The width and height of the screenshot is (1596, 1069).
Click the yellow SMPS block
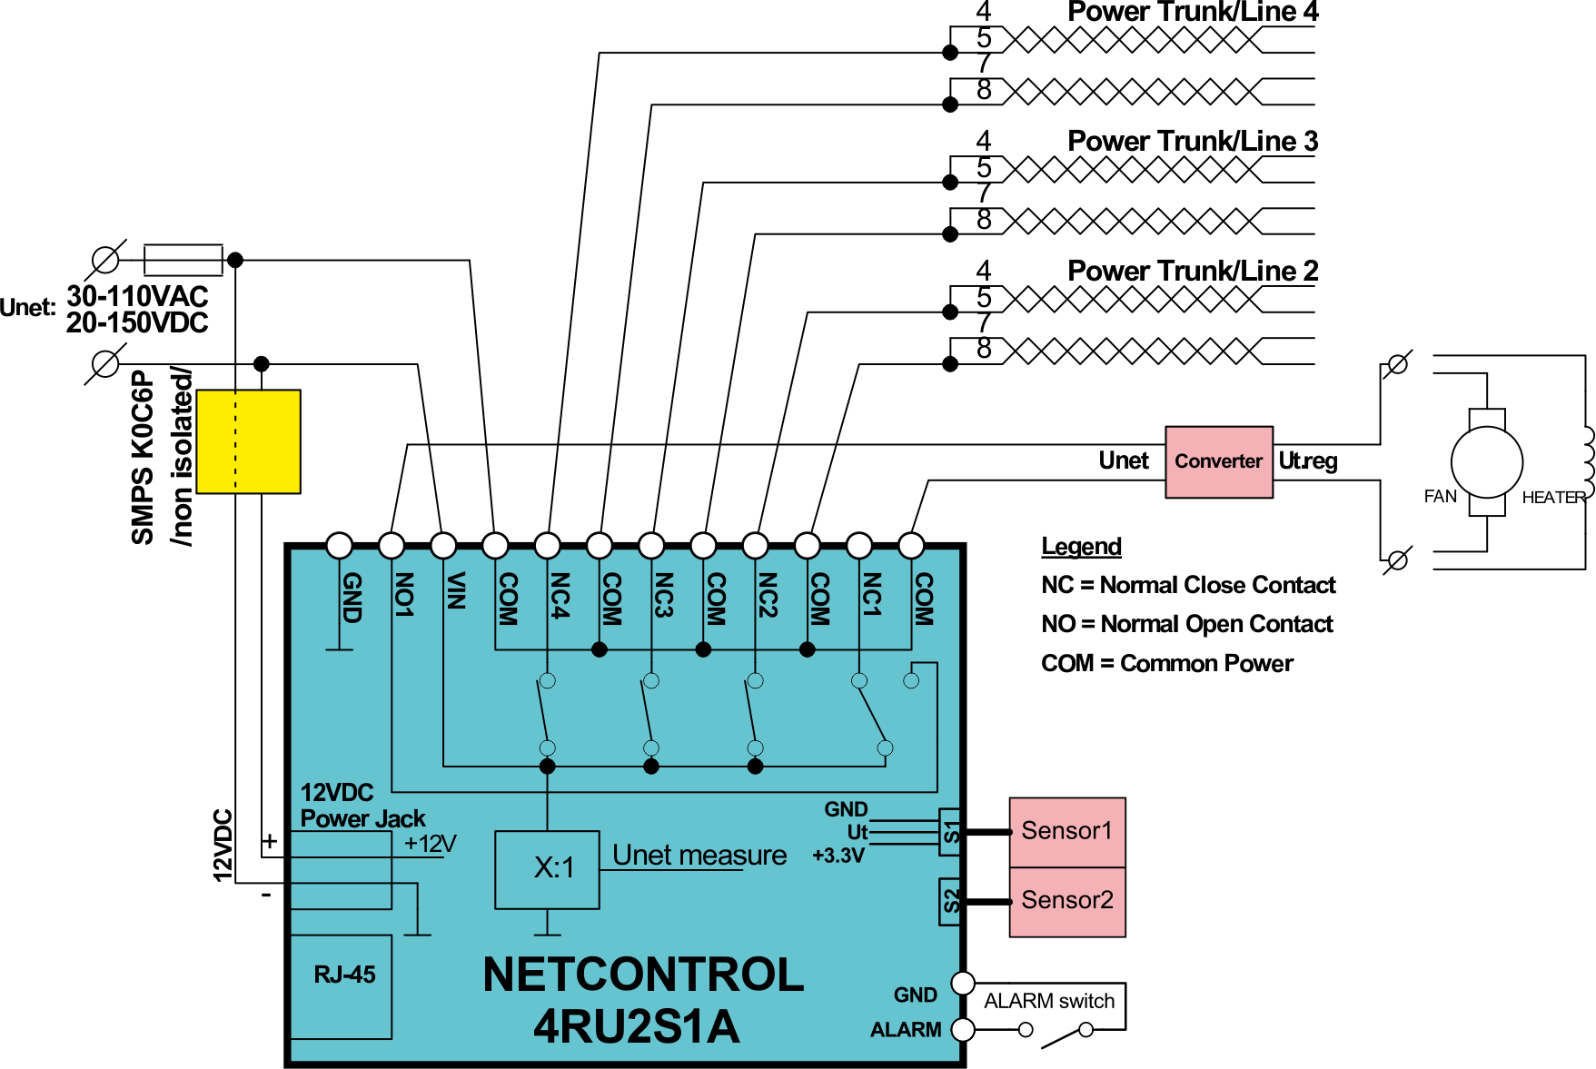click(x=248, y=441)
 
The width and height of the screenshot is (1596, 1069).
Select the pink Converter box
click(x=1219, y=461)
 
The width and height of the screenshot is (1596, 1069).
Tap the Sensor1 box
click(x=1067, y=832)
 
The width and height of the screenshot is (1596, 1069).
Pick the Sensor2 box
click(x=1067, y=902)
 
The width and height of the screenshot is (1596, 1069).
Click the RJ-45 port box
click(x=342, y=986)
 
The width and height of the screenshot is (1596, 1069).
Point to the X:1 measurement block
click(x=547, y=869)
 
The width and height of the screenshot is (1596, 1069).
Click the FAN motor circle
click(x=1487, y=461)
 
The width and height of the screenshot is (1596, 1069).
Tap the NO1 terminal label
click(x=404, y=595)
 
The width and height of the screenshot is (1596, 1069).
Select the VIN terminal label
click(x=456, y=590)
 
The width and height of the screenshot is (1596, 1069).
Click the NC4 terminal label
click(x=560, y=595)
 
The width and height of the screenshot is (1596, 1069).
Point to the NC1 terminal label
click(x=872, y=595)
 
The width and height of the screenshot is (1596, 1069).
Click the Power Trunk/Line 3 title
click(x=1193, y=142)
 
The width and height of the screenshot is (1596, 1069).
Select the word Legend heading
click(x=1081, y=547)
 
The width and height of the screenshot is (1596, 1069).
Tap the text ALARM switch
click(x=1049, y=1001)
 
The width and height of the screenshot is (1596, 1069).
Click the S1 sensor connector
click(x=950, y=832)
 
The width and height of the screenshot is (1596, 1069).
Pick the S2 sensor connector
click(x=950, y=901)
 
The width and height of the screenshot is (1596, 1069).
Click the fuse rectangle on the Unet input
click(x=183, y=260)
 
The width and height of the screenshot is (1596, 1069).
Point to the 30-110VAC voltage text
click(x=137, y=296)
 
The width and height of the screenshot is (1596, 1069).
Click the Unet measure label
click(x=699, y=856)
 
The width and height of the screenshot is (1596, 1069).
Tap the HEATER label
click(x=1553, y=498)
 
